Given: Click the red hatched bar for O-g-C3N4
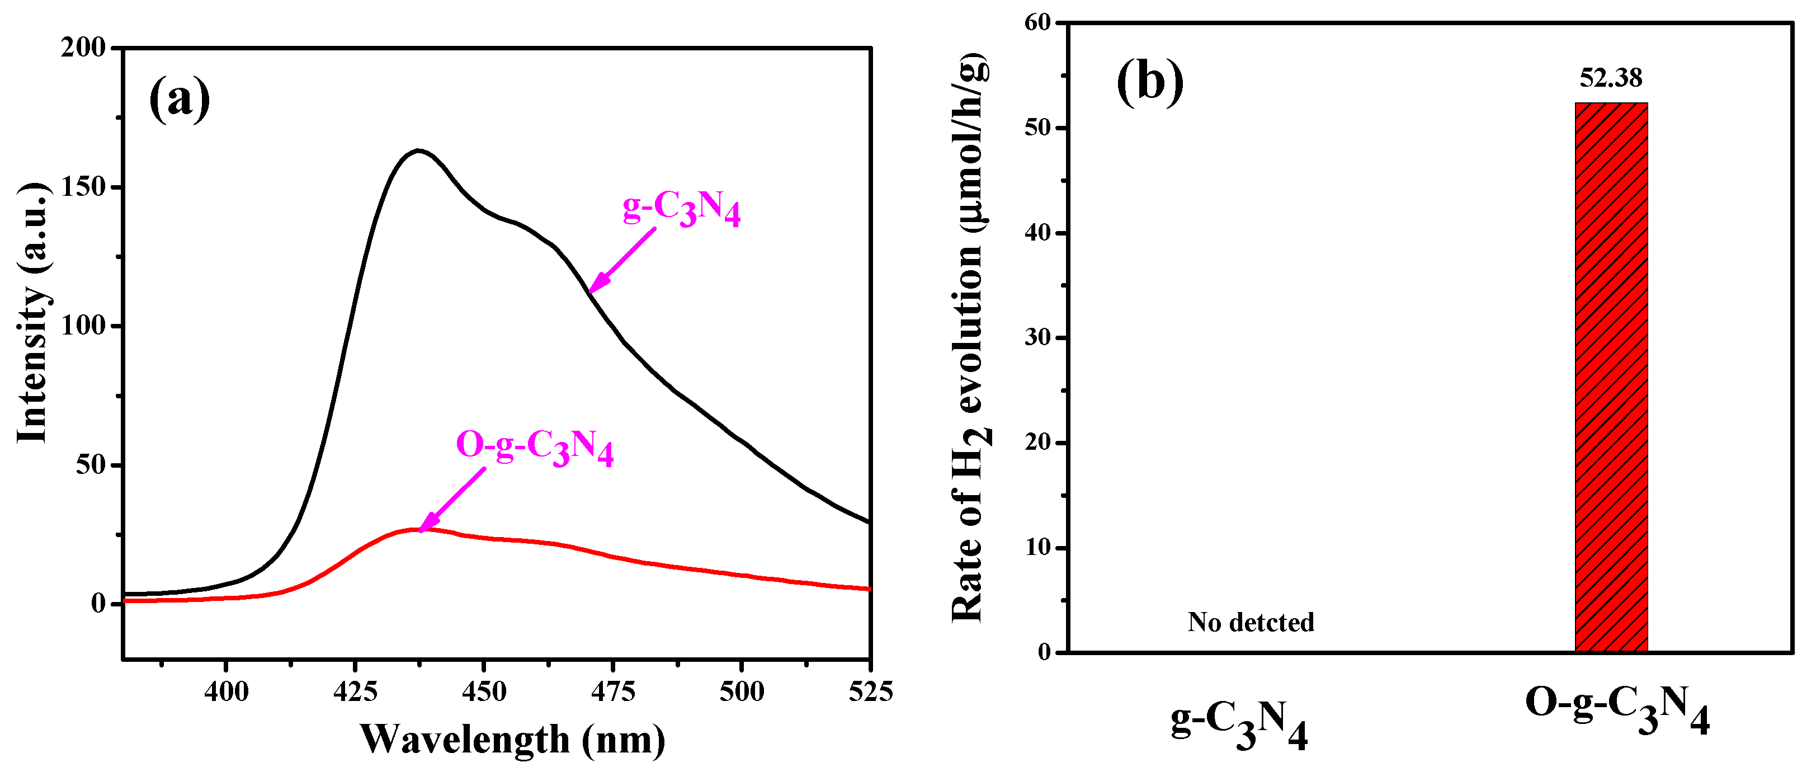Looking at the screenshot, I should (1611, 378).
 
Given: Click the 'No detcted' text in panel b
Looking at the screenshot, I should (1251, 622).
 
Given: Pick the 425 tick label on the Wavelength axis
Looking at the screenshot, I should (355, 692).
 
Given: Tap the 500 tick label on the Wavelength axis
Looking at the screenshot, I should (742, 692).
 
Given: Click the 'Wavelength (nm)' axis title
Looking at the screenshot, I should (512, 739).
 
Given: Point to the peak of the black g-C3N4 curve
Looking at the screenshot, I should (418, 150).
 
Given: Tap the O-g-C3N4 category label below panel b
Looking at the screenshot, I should (1617, 710).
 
